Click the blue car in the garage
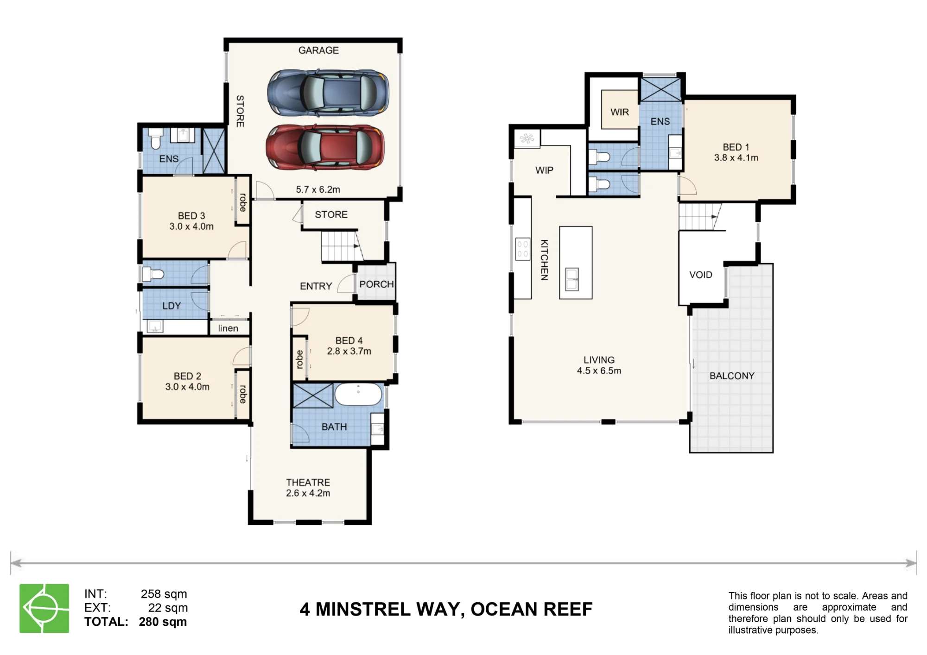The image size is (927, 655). click(x=328, y=93)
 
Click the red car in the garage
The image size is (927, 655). click(x=325, y=147)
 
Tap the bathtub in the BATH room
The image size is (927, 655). click(x=358, y=395)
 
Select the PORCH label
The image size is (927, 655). click(x=376, y=284)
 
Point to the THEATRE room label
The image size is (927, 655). click(x=308, y=482)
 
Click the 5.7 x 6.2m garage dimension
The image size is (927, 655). click(x=318, y=189)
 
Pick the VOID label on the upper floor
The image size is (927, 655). click(x=700, y=275)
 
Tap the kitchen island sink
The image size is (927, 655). click(x=572, y=279)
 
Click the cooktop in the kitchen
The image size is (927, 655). click(x=523, y=249)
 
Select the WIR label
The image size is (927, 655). click(x=620, y=112)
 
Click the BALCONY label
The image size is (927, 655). click(x=732, y=376)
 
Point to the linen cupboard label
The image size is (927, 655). click(x=228, y=328)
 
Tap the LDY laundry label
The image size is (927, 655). click(x=171, y=306)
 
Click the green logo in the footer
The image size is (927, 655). click(x=44, y=608)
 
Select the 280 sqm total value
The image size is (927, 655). click(x=163, y=622)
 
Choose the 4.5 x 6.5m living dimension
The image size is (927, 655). click(x=599, y=371)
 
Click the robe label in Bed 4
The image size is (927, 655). click(x=299, y=359)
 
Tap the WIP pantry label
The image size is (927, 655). click(x=544, y=170)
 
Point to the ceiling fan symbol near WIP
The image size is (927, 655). click(x=527, y=138)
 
